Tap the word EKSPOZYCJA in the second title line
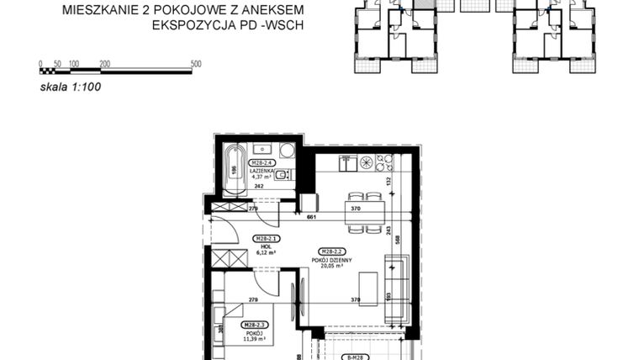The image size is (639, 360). tap(190, 24)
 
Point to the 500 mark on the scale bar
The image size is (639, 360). tap(196, 64)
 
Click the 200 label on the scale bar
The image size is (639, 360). tap(105, 64)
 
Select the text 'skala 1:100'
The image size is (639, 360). tap(70, 85)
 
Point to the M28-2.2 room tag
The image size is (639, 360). tap(335, 251)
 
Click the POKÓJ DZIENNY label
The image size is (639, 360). tap(335, 260)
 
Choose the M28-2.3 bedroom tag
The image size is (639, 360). tap(254, 325)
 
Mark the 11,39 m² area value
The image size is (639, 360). tap(254, 339)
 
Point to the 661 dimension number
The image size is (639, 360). tap(312, 216)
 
